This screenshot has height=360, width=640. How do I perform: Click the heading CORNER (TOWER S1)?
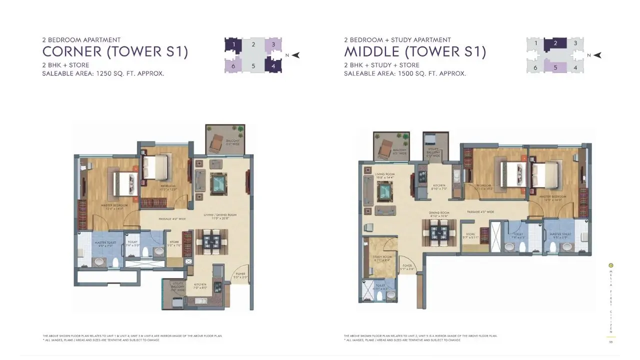click(x=115, y=51)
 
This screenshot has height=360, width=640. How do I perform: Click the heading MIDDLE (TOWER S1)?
click(x=414, y=51)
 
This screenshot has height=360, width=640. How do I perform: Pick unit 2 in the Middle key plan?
click(x=555, y=43)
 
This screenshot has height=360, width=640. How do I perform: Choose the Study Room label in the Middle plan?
click(x=381, y=258)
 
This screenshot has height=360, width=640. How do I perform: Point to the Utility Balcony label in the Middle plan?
click(x=433, y=151)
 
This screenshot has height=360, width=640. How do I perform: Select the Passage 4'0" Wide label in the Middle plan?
click(x=480, y=212)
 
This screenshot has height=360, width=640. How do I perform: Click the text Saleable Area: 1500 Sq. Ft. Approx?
click(x=404, y=73)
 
